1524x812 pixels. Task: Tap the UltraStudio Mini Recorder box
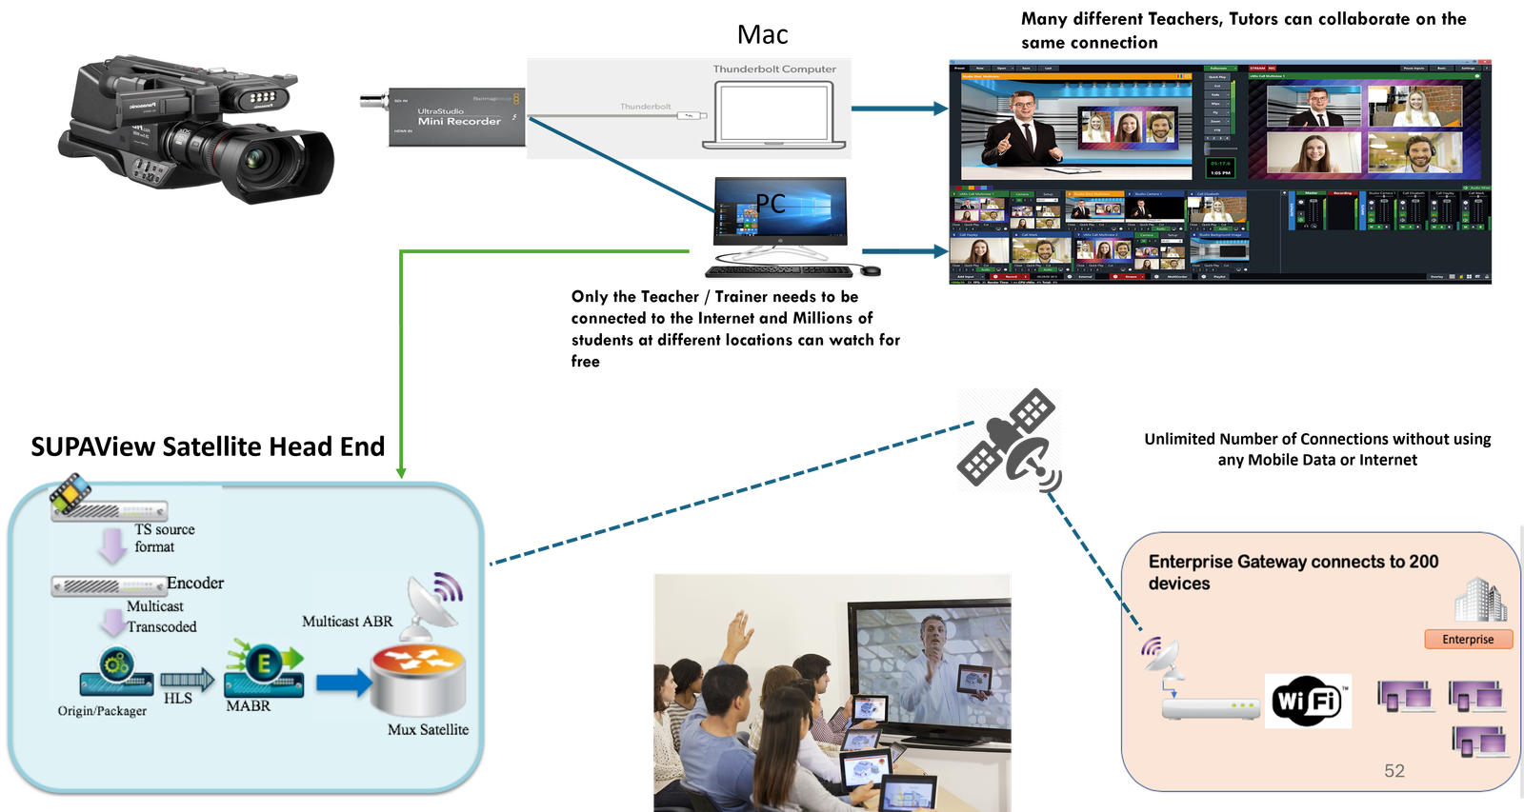click(x=456, y=117)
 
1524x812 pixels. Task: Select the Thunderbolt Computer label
click(x=774, y=69)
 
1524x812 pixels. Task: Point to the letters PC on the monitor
click(x=771, y=204)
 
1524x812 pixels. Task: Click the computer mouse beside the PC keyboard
click(x=869, y=270)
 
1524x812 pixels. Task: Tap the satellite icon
click(x=1010, y=440)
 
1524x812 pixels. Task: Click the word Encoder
click(x=195, y=583)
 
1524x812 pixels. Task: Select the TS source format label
click(x=163, y=538)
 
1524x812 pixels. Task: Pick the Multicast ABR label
click(x=347, y=622)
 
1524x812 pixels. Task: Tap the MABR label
click(x=248, y=706)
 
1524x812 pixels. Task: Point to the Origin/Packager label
click(x=102, y=711)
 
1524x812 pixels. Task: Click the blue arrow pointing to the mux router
click(x=343, y=682)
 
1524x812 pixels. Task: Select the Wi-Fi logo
click(x=1307, y=702)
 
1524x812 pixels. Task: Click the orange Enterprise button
click(x=1468, y=639)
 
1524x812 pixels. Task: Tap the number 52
click(x=1394, y=771)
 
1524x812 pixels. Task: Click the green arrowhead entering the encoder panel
click(x=401, y=471)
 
